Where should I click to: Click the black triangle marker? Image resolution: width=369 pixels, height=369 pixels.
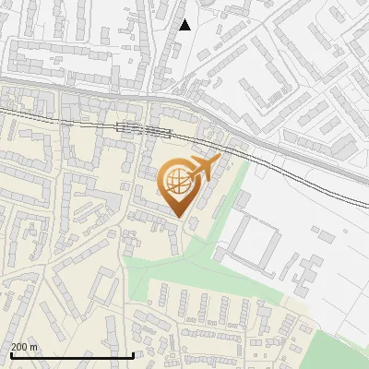click(x=184, y=25)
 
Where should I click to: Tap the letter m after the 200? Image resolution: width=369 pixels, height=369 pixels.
click(x=34, y=347)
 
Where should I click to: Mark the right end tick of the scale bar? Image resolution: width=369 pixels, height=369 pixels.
click(x=134, y=354)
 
